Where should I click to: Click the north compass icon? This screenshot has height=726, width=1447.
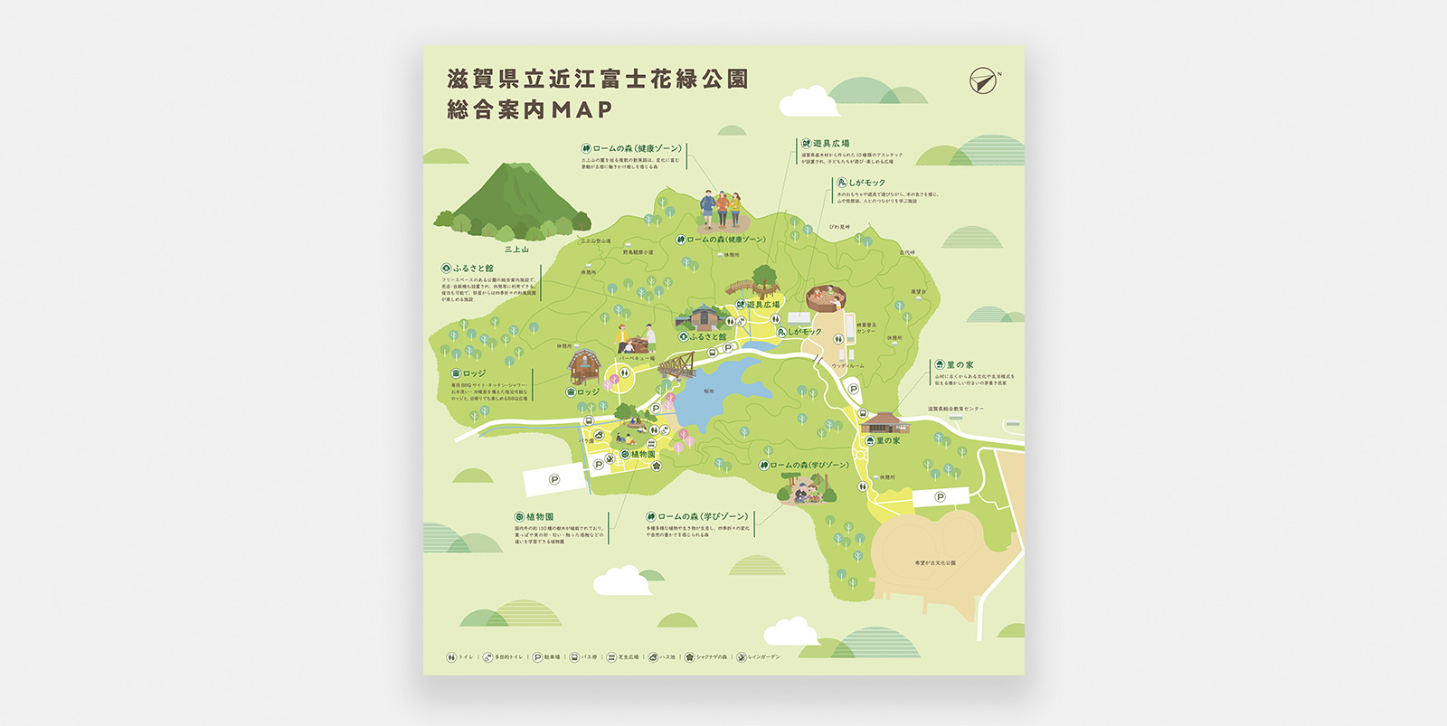[983, 81]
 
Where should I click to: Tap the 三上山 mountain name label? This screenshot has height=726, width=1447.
[516, 250]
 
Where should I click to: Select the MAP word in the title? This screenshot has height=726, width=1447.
[582, 109]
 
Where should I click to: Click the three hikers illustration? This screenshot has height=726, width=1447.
[721, 211]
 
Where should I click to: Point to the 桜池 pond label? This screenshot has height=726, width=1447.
[708, 391]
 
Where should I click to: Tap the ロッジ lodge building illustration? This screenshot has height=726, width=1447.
[584, 366]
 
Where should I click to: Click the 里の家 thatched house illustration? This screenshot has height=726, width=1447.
[884, 421]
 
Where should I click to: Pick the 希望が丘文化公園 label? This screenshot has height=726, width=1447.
[935, 562]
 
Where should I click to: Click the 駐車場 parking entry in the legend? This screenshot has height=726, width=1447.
[546, 657]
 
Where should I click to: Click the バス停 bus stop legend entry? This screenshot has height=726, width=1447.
[583, 657]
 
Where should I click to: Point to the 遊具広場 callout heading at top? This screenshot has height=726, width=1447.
[825, 144]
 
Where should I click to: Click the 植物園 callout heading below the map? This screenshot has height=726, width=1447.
[534, 516]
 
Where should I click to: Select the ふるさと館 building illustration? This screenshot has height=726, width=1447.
[703, 317]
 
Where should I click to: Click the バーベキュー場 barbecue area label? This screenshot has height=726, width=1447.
[638, 359]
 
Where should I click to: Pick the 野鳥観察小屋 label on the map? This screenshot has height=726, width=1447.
[638, 252]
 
